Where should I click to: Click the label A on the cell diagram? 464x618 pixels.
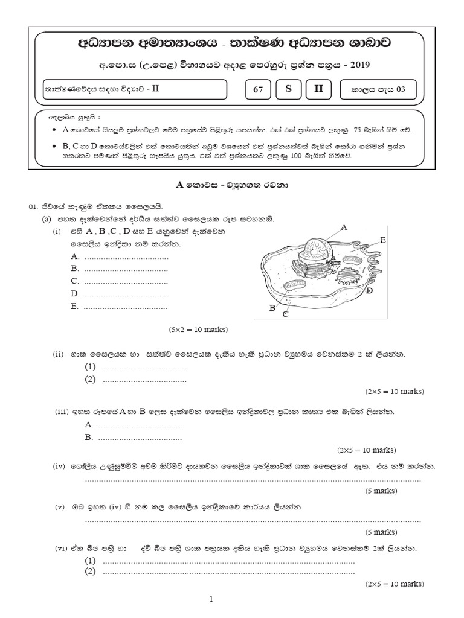[344, 228]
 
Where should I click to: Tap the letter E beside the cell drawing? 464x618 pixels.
[382, 240]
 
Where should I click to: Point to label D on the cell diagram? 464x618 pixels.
[369, 291]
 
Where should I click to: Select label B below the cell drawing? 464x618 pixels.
[272, 308]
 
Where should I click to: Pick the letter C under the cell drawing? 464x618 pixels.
[285, 314]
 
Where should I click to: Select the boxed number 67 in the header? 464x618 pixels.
[258, 90]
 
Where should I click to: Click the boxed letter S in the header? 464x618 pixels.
[288, 89]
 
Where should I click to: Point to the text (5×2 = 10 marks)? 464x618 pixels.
[198, 330]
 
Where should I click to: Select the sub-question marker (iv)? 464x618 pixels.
[58, 467]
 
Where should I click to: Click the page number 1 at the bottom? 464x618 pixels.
[211, 599]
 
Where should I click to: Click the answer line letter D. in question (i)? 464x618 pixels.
[75, 293]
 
